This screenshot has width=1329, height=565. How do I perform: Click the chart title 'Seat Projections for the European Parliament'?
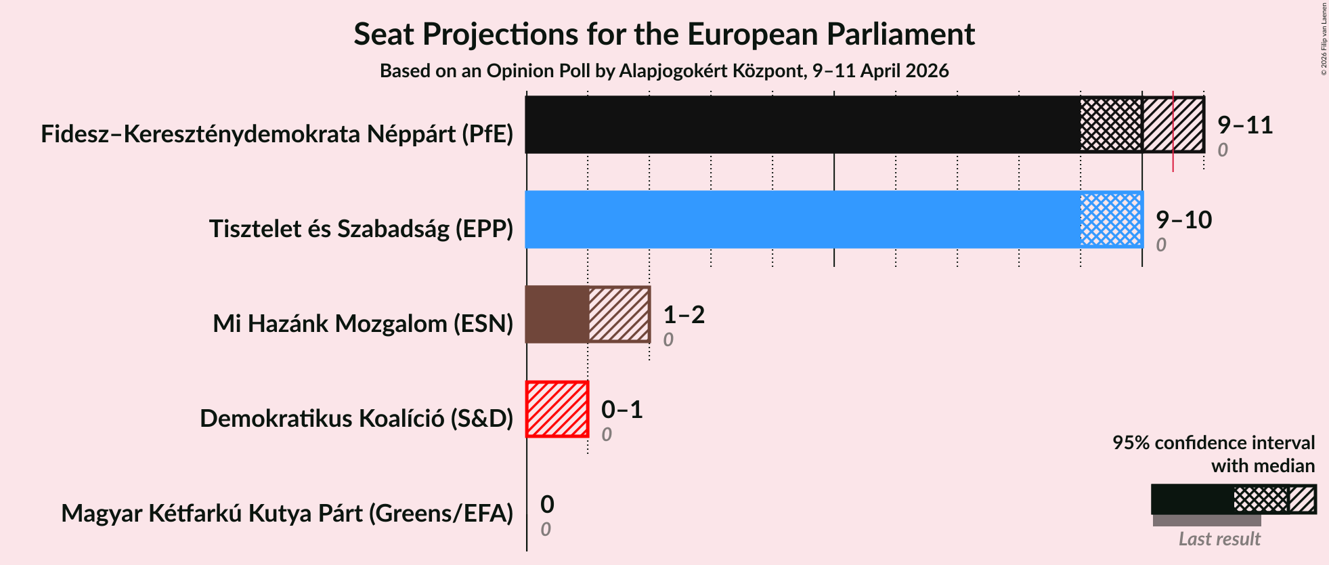click(663, 35)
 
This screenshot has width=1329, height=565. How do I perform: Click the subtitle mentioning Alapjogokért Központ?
click(663, 71)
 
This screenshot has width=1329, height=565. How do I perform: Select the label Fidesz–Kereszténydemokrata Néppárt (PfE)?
click(277, 134)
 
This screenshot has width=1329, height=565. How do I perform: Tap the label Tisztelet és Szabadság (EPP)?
click(361, 229)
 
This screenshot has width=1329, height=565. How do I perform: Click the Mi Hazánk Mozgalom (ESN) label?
click(363, 324)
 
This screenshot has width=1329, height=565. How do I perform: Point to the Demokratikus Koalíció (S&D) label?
click(356, 419)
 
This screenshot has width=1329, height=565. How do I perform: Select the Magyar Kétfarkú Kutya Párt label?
click(287, 514)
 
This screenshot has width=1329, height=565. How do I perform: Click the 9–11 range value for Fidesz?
click(1244, 125)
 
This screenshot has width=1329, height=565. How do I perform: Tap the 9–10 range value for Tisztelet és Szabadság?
click(1183, 220)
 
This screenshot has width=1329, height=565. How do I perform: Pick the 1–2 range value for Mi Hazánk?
click(684, 315)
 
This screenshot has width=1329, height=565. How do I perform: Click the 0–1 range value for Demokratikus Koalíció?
click(622, 410)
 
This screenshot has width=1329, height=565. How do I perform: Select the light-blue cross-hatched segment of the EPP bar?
click(1111, 219)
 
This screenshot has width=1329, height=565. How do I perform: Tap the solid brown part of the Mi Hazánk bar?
click(557, 314)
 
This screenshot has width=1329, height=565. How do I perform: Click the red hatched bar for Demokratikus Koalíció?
click(557, 409)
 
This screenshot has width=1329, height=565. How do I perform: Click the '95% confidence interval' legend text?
click(1213, 443)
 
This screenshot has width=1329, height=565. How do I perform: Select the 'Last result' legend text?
click(1219, 539)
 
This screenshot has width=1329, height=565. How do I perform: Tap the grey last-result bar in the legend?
click(1206, 520)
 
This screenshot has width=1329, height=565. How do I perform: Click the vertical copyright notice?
click(1324, 39)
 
